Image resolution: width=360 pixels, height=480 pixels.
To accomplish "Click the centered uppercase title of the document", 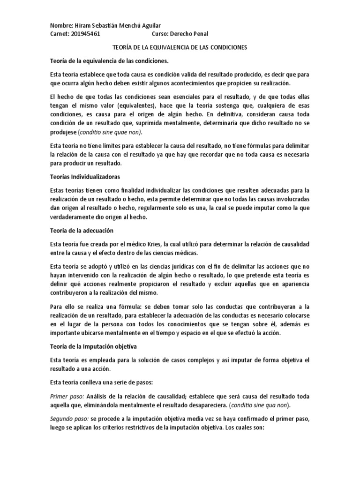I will tap(180, 48).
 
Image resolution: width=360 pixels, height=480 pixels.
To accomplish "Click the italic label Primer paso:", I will tap(65, 395).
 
